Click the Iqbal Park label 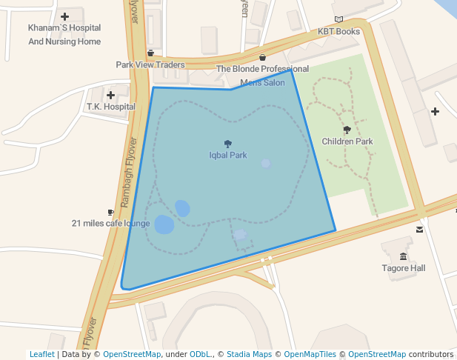pos(227,156)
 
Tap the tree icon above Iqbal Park pos(227,144)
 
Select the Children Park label pos(347,141)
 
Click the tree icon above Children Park pos(347,130)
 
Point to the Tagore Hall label pos(404,268)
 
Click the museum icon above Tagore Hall pos(404,256)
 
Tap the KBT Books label pos(338,32)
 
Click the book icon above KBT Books pos(338,20)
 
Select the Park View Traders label pos(150,64)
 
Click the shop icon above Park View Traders pos(150,53)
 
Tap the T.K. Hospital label pos(110,107)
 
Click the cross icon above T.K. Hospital pos(110,95)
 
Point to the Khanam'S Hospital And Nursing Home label pos(64,35)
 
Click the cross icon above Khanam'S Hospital pos(64,16)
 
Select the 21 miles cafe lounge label pos(110,223)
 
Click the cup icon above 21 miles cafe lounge pos(110,212)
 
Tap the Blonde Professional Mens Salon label pos(262,76)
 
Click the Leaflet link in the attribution pos(41,354)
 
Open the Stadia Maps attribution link pos(249,354)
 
